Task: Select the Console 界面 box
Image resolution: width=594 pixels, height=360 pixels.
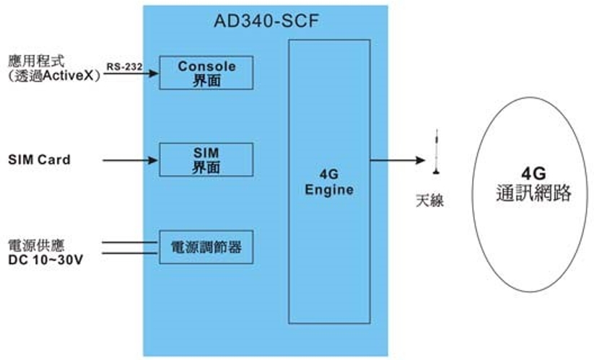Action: (206, 73)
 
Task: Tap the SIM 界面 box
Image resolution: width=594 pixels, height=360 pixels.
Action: (206, 159)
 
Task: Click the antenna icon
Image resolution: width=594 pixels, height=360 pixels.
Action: (435, 153)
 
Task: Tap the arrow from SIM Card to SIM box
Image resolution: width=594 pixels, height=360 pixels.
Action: (130, 159)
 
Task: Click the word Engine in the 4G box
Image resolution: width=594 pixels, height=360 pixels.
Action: (329, 190)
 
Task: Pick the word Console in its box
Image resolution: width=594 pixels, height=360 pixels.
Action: (206, 66)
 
